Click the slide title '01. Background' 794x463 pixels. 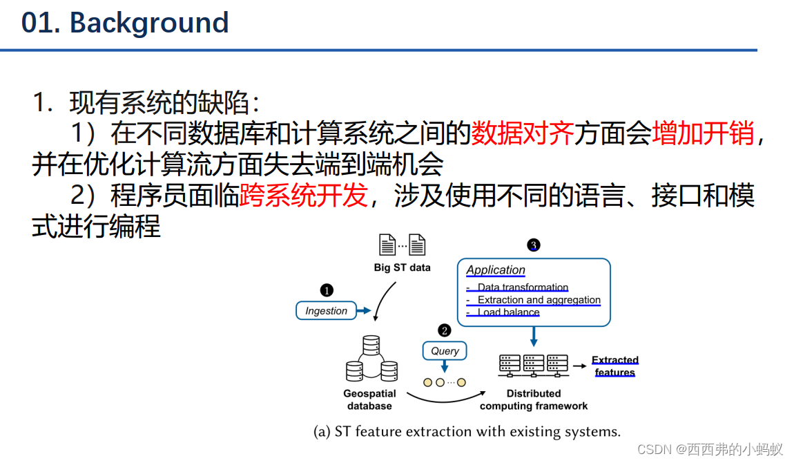click(x=125, y=23)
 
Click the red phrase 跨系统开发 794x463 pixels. click(x=303, y=196)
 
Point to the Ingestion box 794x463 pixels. click(x=326, y=311)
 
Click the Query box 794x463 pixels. click(x=445, y=351)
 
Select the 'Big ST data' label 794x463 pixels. click(x=402, y=267)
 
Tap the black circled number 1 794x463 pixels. click(x=327, y=290)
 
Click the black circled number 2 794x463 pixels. click(x=445, y=331)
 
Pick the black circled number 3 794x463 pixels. click(x=533, y=245)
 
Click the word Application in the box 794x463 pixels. click(x=496, y=270)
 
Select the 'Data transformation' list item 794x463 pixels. click(x=523, y=287)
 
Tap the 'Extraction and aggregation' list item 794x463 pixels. click(x=539, y=300)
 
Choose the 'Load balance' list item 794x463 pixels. click(x=508, y=312)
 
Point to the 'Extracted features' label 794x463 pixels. click(x=614, y=366)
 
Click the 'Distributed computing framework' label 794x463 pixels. click(x=534, y=399)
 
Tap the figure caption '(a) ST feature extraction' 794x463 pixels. click(x=467, y=432)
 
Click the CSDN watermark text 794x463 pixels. click(x=710, y=450)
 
